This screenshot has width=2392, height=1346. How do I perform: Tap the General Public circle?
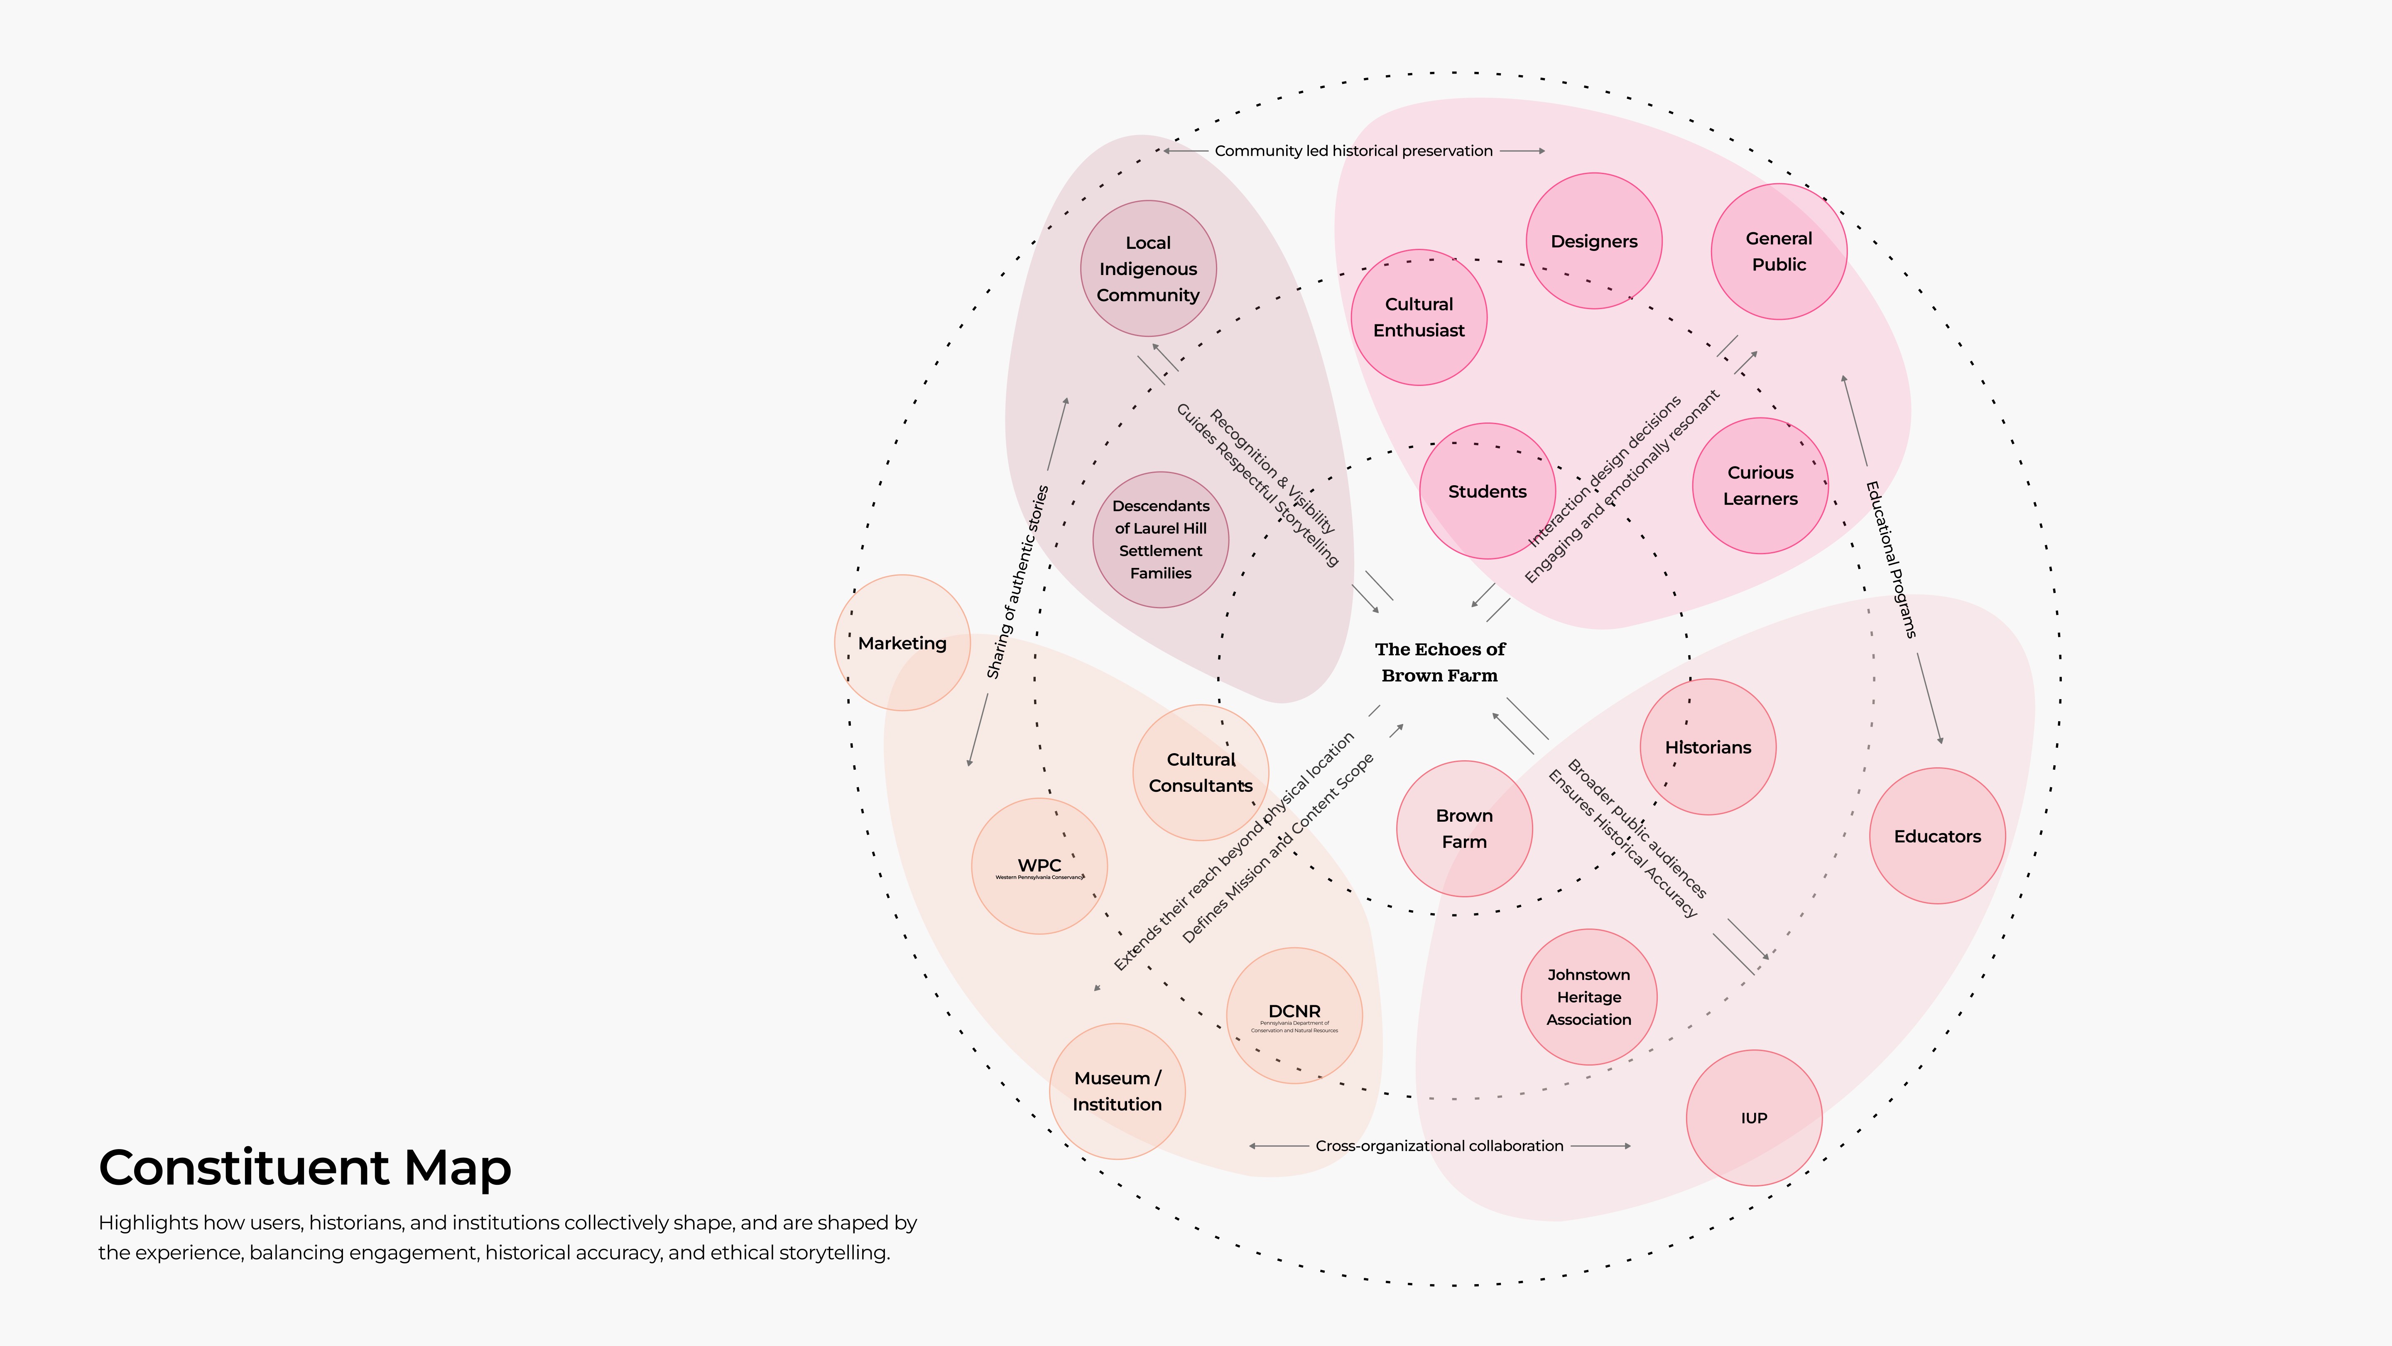point(1778,252)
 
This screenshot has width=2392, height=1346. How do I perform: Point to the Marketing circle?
point(902,643)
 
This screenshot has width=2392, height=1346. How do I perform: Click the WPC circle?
point(1039,866)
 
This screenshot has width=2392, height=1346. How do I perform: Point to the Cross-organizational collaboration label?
point(1439,1145)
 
